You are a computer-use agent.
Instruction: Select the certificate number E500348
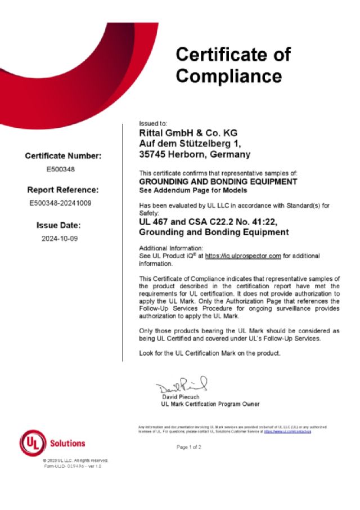(63, 168)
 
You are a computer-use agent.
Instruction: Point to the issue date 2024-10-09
(63, 238)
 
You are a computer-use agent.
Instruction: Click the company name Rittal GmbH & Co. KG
(188, 133)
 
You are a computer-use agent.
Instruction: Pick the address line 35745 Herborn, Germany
(195, 154)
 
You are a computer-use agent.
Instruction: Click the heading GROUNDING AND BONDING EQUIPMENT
(218, 182)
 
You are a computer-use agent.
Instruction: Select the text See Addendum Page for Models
(185, 190)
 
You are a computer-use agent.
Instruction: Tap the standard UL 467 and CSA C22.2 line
(213, 222)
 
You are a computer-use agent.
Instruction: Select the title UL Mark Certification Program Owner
(210, 404)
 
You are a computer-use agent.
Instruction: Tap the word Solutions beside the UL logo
(67, 444)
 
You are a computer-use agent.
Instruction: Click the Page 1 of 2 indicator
(189, 447)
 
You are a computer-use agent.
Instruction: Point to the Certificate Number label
(63, 155)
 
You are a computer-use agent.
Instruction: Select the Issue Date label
(63, 225)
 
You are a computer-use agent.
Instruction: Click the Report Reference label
(63, 190)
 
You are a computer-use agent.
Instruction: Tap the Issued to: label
(153, 123)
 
